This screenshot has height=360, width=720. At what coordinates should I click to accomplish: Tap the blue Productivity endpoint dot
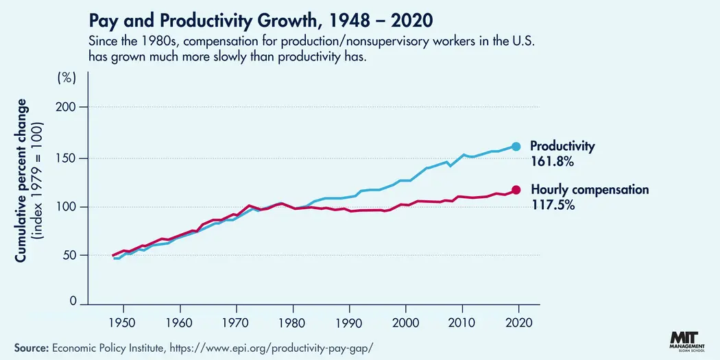[516, 146]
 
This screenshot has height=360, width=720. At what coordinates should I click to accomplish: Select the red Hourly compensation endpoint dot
[516, 190]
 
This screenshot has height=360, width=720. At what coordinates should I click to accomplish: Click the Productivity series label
[562, 146]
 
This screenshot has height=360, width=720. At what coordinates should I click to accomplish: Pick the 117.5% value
[552, 204]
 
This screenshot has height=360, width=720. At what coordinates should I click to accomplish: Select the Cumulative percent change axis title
[21, 180]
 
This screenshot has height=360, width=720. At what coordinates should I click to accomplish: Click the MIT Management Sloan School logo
[686, 343]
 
